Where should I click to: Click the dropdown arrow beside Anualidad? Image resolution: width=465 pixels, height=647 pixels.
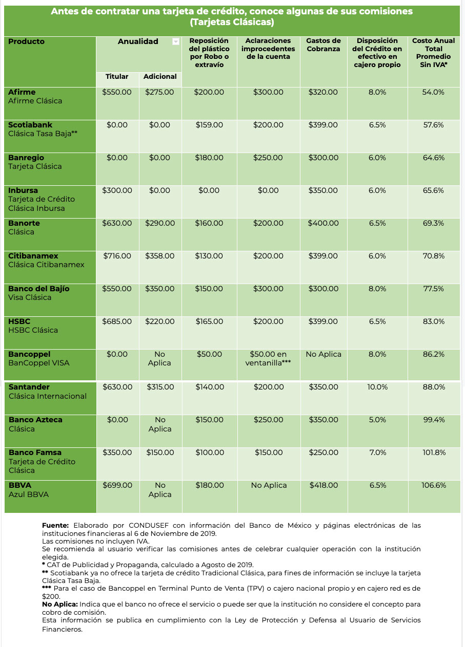pos(176,41)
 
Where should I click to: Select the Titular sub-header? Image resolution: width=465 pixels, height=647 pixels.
pos(116,77)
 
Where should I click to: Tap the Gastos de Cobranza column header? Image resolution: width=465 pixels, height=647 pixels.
pos(324,45)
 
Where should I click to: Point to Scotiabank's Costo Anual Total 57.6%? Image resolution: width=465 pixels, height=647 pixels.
pos(433,125)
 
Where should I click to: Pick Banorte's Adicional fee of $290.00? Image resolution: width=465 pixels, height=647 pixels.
pos(160,223)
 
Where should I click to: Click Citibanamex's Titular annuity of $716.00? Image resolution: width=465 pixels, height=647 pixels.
pos(117,256)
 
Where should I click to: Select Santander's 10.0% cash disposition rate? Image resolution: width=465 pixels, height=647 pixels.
pos(377,387)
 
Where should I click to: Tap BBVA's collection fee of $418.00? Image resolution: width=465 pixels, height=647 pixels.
pos(324,485)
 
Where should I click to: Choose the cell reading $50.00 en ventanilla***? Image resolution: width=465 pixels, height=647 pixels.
pos(268,358)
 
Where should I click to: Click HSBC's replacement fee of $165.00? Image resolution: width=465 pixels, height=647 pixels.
pos(209,321)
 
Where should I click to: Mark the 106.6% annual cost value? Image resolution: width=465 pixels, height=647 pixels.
pos(434,485)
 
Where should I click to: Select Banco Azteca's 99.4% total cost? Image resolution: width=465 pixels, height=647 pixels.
pos(434,420)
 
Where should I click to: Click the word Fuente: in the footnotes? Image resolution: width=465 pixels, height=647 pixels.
pos(55,525)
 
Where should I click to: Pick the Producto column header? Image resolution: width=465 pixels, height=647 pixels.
pos(26,41)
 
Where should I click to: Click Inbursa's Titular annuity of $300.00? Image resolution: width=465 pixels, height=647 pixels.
pos(117,190)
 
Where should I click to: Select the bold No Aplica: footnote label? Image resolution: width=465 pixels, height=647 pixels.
pos(60,604)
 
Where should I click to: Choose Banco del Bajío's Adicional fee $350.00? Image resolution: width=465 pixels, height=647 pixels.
pos(160,289)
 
